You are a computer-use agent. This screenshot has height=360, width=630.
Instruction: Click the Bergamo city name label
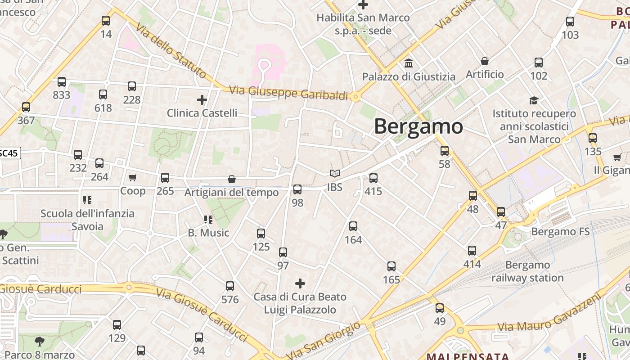coord(418,126)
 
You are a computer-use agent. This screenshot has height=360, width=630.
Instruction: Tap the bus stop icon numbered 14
coord(106,21)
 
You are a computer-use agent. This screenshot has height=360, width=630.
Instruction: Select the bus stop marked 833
coord(62,82)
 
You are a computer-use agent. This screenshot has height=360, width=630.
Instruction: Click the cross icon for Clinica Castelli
coord(202,99)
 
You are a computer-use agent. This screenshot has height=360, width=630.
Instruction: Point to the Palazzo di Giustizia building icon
coord(409,63)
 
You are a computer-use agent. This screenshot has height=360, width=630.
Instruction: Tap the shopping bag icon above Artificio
coord(485,61)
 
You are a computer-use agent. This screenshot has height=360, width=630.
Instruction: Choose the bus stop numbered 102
coord(539,63)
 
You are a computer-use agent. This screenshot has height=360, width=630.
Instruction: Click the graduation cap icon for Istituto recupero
coord(534,100)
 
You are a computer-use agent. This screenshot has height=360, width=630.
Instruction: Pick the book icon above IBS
coord(334,173)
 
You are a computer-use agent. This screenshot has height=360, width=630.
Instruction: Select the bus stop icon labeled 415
coord(373,178)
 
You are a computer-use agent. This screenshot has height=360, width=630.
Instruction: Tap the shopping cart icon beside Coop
coord(132,178)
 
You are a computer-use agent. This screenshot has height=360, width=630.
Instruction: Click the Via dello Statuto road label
coord(171,52)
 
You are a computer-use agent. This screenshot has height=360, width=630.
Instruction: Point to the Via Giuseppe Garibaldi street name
coord(288,93)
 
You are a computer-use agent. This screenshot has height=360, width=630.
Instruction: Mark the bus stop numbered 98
coord(297,189)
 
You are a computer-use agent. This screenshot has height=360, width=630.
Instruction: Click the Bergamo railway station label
coord(527,271)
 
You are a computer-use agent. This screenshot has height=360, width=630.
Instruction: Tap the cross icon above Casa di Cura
coord(300,283)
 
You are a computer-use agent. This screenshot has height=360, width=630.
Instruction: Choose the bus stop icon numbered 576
coord(230,286)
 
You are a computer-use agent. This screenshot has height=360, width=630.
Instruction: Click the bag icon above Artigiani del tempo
coord(232,179)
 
